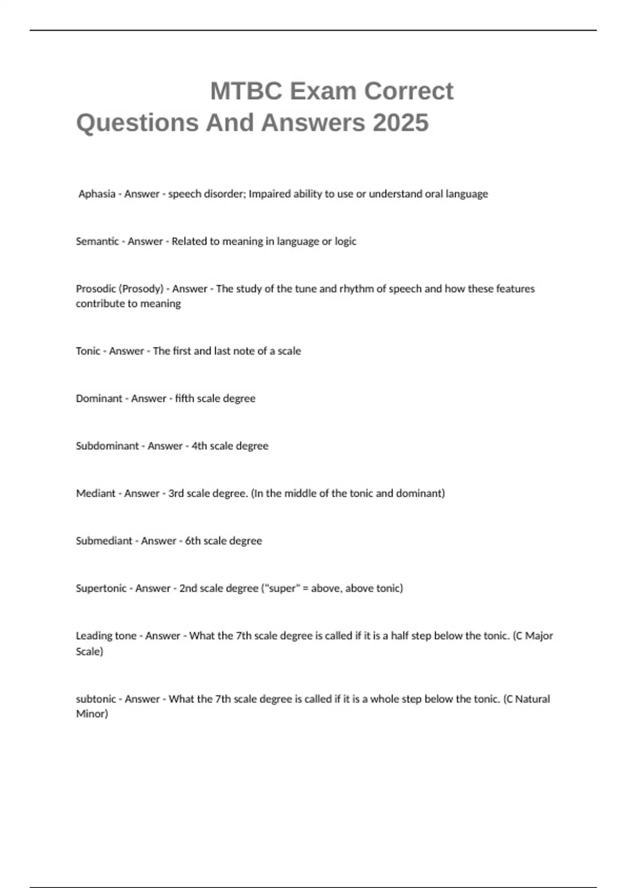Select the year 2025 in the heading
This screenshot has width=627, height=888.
coord(401,123)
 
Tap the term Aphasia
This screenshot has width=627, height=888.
coord(97,194)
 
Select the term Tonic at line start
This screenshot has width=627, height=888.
coord(88,351)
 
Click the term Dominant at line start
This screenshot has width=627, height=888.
coord(99,399)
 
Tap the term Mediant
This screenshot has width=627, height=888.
coord(96,494)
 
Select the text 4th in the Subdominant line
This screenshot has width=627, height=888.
coord(199,446)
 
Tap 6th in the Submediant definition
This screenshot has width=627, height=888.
coord(193,541)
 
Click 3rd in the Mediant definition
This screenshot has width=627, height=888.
coord(176,494)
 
